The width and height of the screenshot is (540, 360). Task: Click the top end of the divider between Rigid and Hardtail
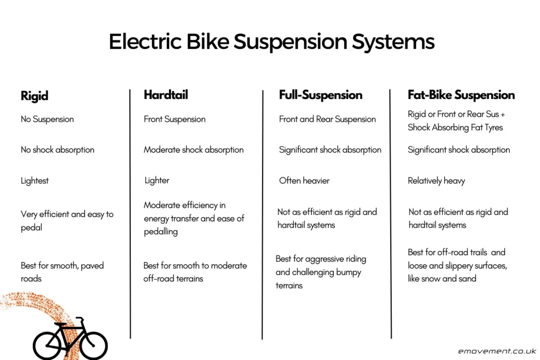(x=130, y=90)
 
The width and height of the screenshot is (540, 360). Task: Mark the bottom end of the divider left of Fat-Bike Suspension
(x=391, y=338)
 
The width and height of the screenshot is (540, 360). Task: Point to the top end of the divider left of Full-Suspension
(x=263, y=91)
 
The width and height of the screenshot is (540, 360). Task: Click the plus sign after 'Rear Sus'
(x=503, y=114)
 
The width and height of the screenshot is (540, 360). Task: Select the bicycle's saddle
(x=60, y=324)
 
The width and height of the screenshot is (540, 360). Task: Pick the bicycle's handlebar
(x=80, y=318)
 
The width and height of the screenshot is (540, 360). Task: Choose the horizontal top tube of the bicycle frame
(x=71, y=328)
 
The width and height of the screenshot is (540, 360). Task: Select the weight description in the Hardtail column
(x=157, y=181)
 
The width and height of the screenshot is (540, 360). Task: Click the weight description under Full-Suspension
(x=304, y=181)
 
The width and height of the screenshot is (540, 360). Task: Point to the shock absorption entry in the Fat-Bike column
(x=459, y=150)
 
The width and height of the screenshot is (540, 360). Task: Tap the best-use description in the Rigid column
(x=62, y=272)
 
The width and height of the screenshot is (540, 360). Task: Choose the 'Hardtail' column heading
(x=166, y=95)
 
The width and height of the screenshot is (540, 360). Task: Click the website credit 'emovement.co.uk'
(x=497, y=351)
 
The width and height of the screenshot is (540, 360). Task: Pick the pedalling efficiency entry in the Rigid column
(x=67, y=221)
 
